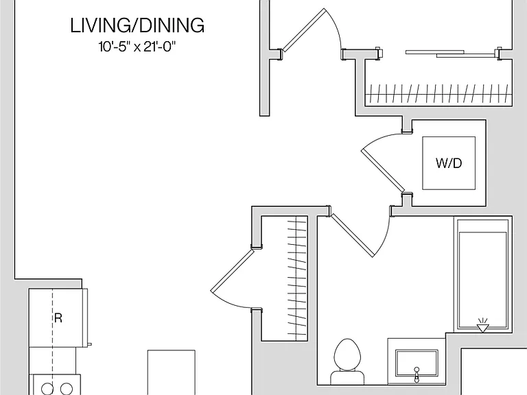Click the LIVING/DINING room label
[137, 25]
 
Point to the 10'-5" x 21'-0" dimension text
[137, 47]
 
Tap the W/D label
[449, 163]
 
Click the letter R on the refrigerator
[58, 318]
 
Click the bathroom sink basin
[417, 363]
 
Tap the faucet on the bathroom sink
[417, 374]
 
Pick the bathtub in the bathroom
[482, 275]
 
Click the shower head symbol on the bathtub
[482, 326]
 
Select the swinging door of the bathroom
[352, 235]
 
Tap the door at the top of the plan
[303, 29]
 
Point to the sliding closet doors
[450, 53]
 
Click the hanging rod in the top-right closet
[439, 94]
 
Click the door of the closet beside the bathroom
[231, 270]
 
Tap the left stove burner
[47, 388]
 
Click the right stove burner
[66, 388]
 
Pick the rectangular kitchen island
[172, 372]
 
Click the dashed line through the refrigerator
[52, 336]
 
